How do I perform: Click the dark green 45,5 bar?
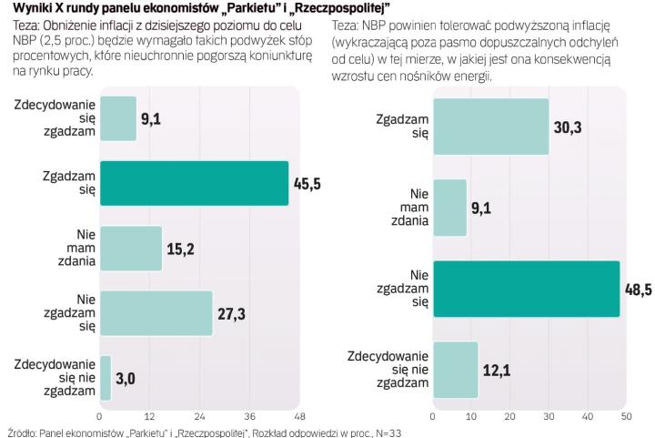(x=193, y=183)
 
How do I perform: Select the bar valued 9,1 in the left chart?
(x=117, y=117)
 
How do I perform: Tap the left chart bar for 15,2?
(x=130, y=249)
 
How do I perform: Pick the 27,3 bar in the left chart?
(x=155, y=313)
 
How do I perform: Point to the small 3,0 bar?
(x=105, y=378)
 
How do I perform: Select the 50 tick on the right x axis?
(x=626, y=417)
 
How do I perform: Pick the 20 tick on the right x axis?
(x=509, y=417)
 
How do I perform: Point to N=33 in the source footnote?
(x=384, y=433)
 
